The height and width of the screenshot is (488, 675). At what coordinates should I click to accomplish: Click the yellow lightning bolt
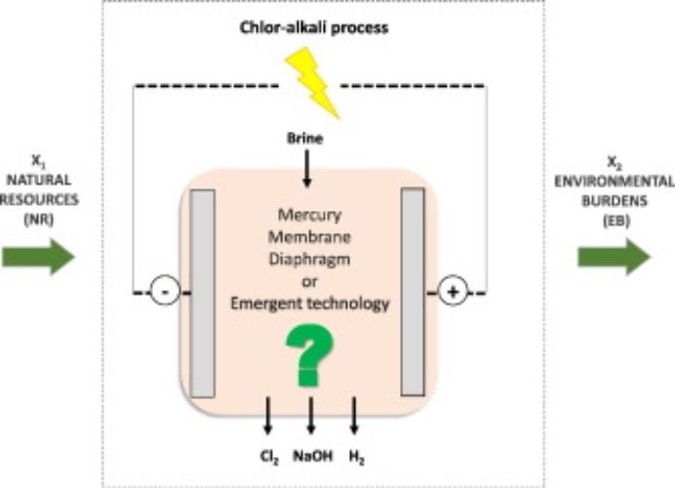[x=311, y=83]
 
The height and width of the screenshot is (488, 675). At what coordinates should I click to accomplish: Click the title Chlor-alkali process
[x=314, y=27]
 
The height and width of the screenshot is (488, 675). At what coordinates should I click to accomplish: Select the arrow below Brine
[x=309, y=172]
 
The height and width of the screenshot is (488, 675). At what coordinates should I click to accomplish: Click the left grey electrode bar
[x=202, y=293]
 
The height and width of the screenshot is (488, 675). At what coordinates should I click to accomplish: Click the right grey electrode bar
[x=414, y=293]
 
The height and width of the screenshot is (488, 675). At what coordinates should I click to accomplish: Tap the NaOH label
[x=310, y=456]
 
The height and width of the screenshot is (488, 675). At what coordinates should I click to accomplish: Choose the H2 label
[x=355, y=456]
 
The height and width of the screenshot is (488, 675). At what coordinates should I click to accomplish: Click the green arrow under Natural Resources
[x=38, y=257]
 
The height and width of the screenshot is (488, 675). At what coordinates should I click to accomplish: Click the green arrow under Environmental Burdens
[x=614, y=257]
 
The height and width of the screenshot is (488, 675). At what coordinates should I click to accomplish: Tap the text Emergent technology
[x=309, y=304]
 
